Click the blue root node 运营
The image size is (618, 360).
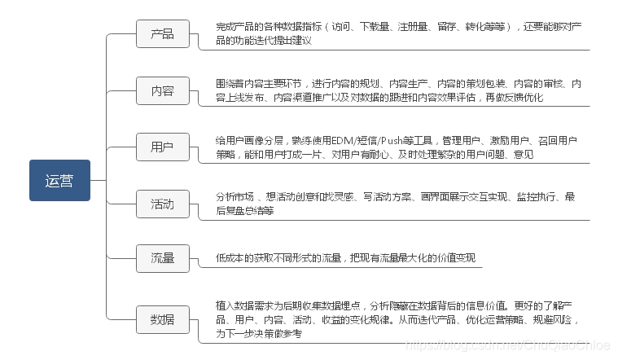[59, 181]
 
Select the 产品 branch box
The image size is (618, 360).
[162, 34]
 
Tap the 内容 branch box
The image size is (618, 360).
[162, 90]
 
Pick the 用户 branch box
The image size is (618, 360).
[162, 147]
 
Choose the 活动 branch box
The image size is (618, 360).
[162, 203]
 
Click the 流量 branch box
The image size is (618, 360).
[162, 258]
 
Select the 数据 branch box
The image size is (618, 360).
[162, 318]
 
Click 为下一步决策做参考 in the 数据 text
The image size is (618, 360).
[258, 333]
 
